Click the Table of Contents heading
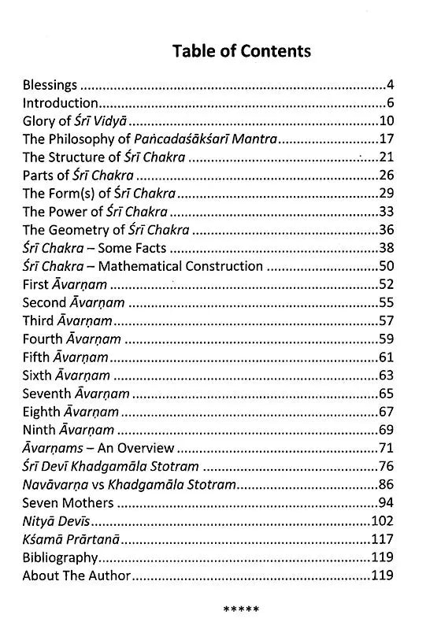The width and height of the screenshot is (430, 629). [242, 51]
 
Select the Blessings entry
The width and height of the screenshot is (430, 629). [50, 84]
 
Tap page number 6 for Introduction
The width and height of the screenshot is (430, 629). [390, 102]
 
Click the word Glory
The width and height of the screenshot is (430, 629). [40, 121]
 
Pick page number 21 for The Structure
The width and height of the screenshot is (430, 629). [386, 157]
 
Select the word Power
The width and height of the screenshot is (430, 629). [68, 212]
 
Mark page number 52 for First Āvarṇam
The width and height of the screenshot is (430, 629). [386, 285]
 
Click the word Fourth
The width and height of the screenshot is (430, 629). [44, 339]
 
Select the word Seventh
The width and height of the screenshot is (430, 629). [47, 394]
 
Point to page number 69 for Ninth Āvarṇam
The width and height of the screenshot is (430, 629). [386, 430]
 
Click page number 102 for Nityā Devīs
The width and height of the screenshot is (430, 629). [382, 521]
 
